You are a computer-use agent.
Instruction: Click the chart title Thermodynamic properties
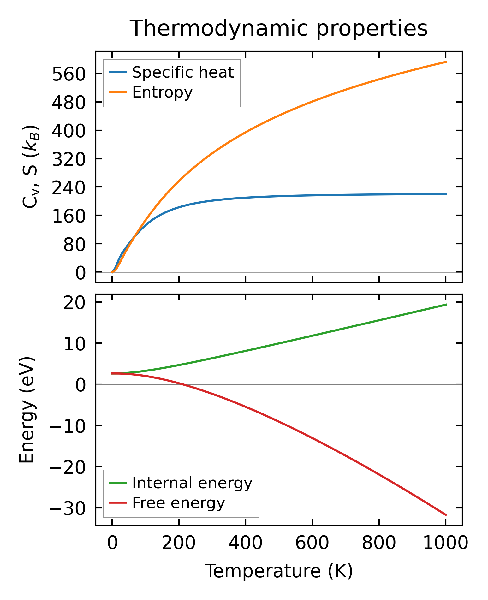tap(279, 28)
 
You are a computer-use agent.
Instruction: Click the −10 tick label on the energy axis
tap(67, 426)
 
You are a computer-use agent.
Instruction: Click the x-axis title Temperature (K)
tap(279, 571)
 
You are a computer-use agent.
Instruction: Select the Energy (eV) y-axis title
tap(27, 410)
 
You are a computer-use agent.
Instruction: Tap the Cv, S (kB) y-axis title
tap(31, 166)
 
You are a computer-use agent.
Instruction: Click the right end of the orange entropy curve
tap(446, 62)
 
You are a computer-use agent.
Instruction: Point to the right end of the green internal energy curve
tap(446, 304)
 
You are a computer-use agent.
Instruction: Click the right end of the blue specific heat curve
tap(446, 194)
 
